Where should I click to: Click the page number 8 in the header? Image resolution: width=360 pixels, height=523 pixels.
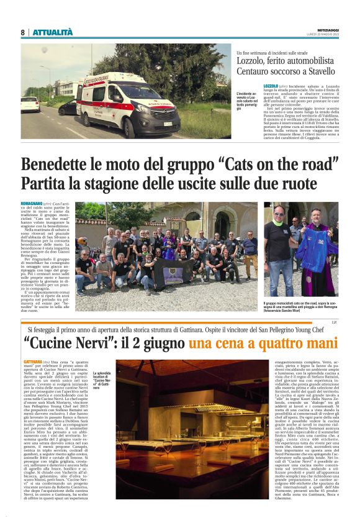point(22,32)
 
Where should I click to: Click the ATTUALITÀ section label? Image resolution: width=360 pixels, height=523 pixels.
point(53,32)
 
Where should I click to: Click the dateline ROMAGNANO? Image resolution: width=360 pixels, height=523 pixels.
point(32,204)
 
